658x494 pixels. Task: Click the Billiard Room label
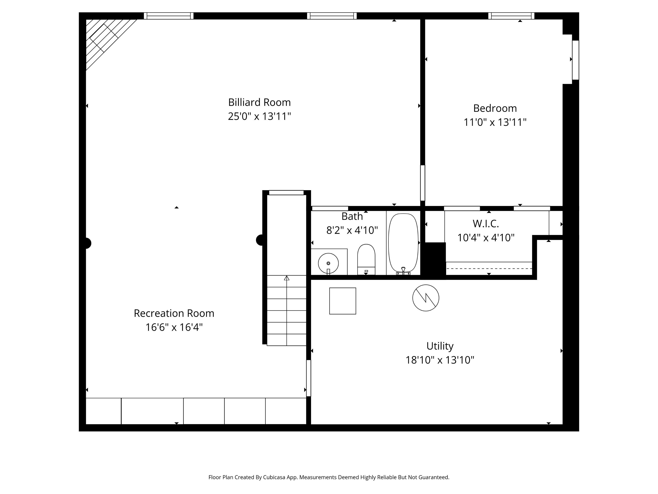tap(259, 103)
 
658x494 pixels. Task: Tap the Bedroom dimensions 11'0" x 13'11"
tap(495, 122)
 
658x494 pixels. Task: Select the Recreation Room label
tap(174, 313)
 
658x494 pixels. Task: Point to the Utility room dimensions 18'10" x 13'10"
tap(440, 360)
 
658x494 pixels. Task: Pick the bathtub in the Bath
tap(403, 243)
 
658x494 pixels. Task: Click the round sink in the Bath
tap(328, 263)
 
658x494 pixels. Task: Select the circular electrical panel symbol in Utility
tap(426, 298)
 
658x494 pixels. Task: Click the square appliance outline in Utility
tap(343, 301)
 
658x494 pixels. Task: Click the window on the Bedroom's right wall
tap(576, 60)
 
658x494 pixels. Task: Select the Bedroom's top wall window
tap(511, 16)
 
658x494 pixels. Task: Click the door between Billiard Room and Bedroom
tap(422, 183)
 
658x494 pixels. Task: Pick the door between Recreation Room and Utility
tap(308, 378)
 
